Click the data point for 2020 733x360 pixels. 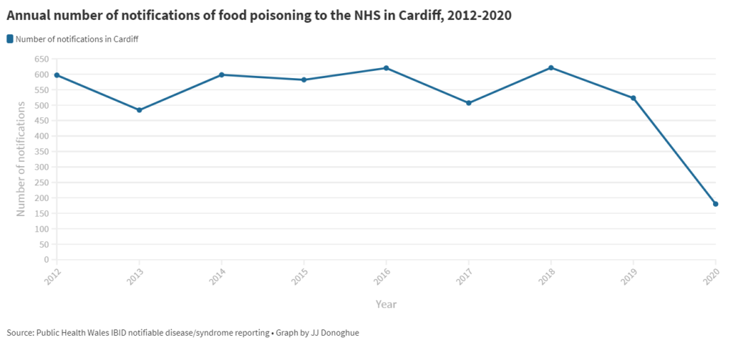pos(715,204)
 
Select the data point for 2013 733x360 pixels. pos(139,110)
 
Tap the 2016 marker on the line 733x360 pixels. pos(386,68)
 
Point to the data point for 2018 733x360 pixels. pos(551,68)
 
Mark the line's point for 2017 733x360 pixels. pos(469,103)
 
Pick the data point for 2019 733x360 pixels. pos(634,98)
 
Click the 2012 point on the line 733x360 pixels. pos(57,75)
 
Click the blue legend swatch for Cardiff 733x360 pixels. pos(10,39)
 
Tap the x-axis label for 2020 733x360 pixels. pos(712,276)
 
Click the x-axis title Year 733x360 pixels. pos(386,304)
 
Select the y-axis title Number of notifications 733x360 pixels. pos(21,159)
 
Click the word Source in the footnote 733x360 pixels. pos(19,333)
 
